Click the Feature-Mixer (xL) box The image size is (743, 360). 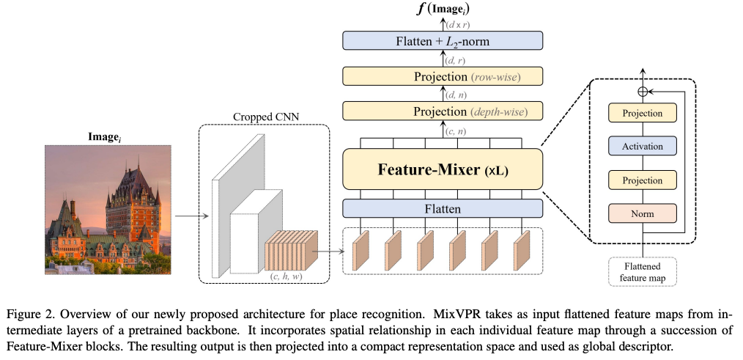[x=442, y=170]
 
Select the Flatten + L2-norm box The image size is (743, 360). [x=442, y=41]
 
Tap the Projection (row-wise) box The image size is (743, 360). [x=442, y=76]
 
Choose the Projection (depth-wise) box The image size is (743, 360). [x=442, y=111]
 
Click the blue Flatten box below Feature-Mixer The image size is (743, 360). [x=442, y=209]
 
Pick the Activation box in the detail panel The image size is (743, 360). [x=642, y=147]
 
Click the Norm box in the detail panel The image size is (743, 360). [x=642, y=213]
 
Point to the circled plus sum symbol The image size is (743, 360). [x=643, y=92]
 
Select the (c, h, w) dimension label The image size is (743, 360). [x=287, y=275]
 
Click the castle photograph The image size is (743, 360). [x=108, y=210]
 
